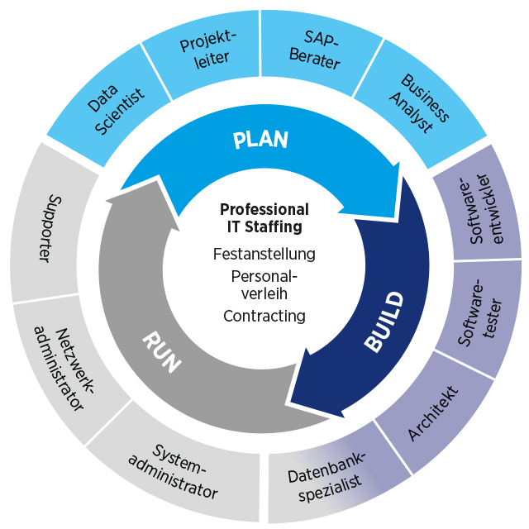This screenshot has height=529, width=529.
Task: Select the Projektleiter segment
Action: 203,50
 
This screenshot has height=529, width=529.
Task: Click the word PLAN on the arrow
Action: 260,139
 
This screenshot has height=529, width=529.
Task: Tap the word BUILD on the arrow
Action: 384,322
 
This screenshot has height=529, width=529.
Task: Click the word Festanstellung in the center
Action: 264,254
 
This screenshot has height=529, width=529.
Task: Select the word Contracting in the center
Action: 264,316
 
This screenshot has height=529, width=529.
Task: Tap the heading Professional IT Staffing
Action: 264,217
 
